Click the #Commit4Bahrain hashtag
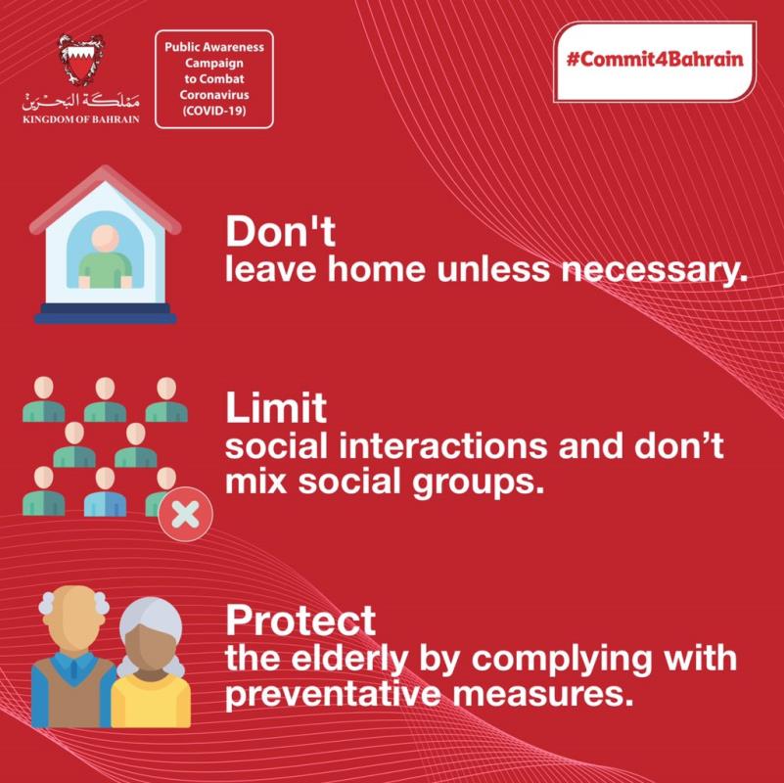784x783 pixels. pyautogui.click(x=655, y=60)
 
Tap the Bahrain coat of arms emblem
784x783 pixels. pyautogui.click(x=81, y=60)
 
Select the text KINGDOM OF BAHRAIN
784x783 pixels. pyautogui.click(x=81, y=119)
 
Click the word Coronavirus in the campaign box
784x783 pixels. pyautogui.click(x=214, y=95)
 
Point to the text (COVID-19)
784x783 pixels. pyautogui.click(x=214, y=111)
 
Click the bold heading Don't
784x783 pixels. pyautogui.click(x=280, y=232)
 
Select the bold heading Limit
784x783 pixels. pyautogui.click(x=276, y=407)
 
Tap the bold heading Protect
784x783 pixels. pyautogui.click(x=300, y=620)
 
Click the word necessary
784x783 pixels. pyautogui.click(x=654, y=270)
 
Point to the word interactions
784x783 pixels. pyautogui.click(x=443, y=445)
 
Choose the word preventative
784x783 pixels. pyautogui.click(x=333, y=695)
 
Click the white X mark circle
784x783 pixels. pyautogui.click(x=186, y=515)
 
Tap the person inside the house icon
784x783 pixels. pyautogui.click(x=106, y=257)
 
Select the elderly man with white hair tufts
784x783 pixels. pyautogui.click(x=73, y=657)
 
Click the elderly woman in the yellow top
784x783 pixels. pyautogui.click(x=151, y=663)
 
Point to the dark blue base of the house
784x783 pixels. pyautogui.click(x=106, y=314)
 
